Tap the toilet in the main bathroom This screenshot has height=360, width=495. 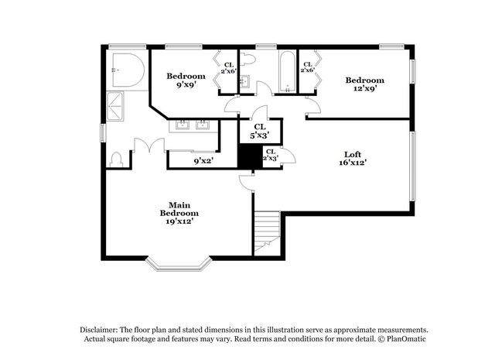coord(116,159)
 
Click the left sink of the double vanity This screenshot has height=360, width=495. coord(184,125)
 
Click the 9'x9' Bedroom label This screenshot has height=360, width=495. coord(186,80)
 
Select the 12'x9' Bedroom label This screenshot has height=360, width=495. coord(364,84)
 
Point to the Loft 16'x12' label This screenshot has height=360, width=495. coord(352,158)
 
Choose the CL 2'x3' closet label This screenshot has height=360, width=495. coord(270,155)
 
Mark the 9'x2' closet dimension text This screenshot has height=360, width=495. coord(203,160)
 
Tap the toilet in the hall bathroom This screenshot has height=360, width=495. coord(249,59)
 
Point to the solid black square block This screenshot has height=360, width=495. coord(248,156)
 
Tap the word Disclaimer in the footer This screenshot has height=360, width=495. coord(100,328)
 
